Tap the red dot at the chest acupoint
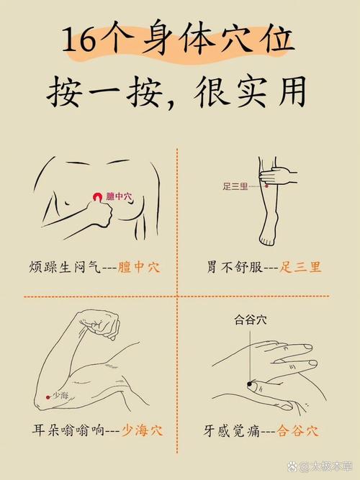pyautogui.click(x=97, y=196)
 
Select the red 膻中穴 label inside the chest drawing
pyautogui.click(x=119, y=196)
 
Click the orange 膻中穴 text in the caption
pyautogui.click(x=138, y=267)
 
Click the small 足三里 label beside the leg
pyautogui.click(x=235, y=186)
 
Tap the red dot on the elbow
pyautogui.click(x=48, y=396)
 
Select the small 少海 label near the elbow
pyautogui.click(x=60, y=395)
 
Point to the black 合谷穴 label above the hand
pyautogui.click(x=249, y=319)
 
